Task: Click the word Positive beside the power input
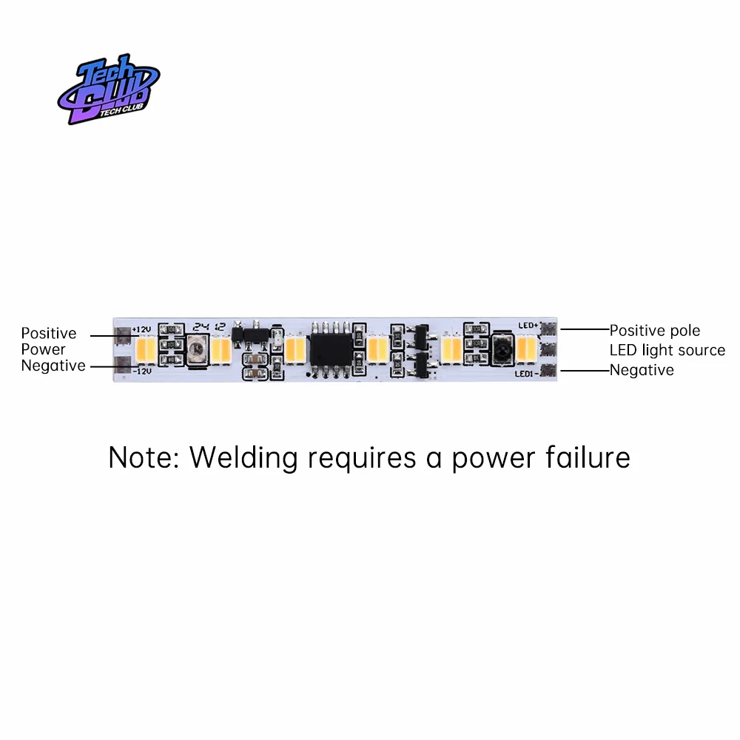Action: pos(49,334)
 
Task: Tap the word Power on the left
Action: pos(43,349)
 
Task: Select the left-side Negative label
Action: pos(53,366)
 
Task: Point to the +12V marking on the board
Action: pos(141,329)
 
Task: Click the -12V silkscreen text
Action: pos(141,371)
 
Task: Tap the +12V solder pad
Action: pos(122,336)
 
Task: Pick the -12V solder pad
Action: pos(122,363)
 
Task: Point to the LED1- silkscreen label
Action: pos(526,374)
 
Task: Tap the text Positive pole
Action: pos(655,330)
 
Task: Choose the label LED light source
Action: pos(667,350)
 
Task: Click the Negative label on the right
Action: pos(642,370)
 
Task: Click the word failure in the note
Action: pos(589,457)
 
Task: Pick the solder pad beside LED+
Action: pos(548,328)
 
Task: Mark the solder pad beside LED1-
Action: pos(548,371)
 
